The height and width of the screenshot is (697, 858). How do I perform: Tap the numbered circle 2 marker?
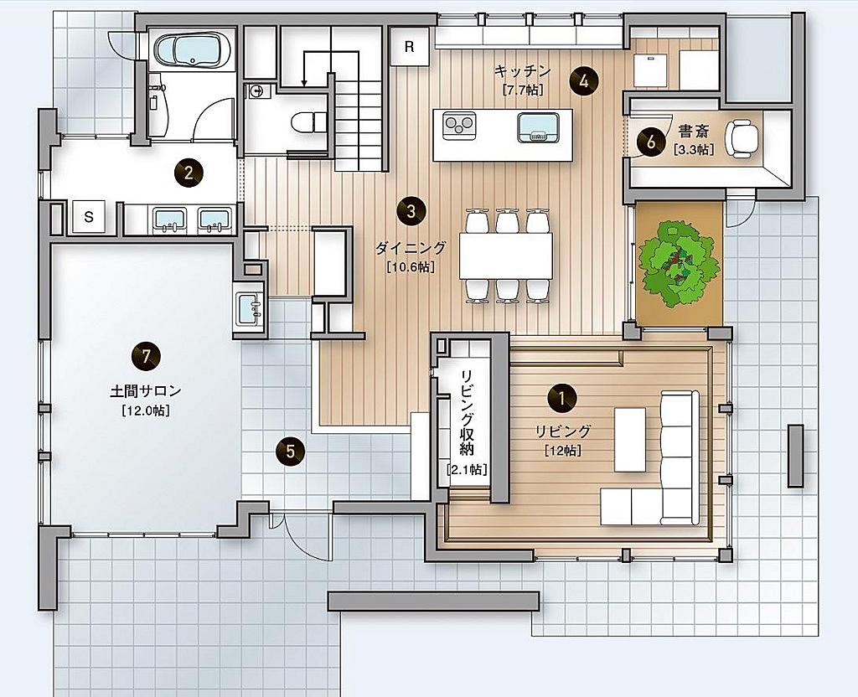tap(189, 173)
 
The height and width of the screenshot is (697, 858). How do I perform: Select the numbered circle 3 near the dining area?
tap(411, 211)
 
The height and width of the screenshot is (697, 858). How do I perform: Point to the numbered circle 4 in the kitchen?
tap(584, 82)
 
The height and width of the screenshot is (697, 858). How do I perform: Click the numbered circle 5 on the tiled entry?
tap(291, 452)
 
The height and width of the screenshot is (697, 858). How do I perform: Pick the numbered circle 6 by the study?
tap(650, 142)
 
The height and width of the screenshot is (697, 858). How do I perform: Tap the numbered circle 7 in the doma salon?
tap(146, 357)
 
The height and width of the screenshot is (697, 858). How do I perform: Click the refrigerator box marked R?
tap(409, 47)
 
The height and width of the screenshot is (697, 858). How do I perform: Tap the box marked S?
tap(89, 217)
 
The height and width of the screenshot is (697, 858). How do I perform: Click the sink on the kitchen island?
tap(539, 128)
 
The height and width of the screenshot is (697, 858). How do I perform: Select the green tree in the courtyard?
tap(679, 262)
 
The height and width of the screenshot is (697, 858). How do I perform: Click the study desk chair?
tap(742, 139)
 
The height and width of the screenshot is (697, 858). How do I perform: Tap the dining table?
tap(506, 256)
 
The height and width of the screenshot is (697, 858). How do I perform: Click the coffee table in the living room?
tap(630, 441)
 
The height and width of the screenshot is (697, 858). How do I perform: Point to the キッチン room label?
tap(522, 71)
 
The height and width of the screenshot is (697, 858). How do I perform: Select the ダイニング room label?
tap(411, 248)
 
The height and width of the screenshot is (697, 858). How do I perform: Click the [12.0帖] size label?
tap(146, 410)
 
